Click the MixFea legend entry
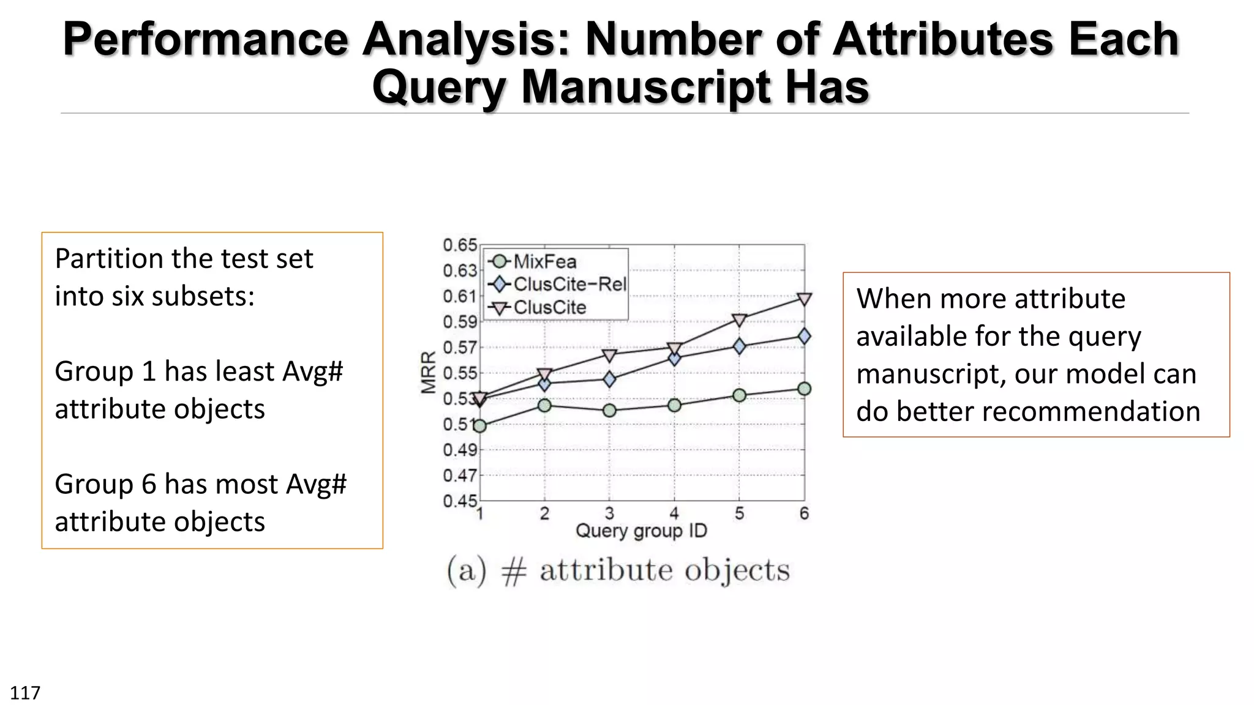(544, 262)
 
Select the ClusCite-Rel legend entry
(569, 285)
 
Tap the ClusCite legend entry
(549, 307)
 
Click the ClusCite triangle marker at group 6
(804, 299)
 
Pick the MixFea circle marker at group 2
(544, 405)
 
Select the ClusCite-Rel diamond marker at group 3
(609, 379)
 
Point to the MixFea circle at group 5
(739, 395)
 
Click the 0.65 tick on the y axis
(460, 245)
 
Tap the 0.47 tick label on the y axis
(460, 476)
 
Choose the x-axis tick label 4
(674, 513)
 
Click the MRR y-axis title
(429, 372)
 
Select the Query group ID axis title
(641, 531)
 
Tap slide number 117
(25, 693)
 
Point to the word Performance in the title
(206, 39)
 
